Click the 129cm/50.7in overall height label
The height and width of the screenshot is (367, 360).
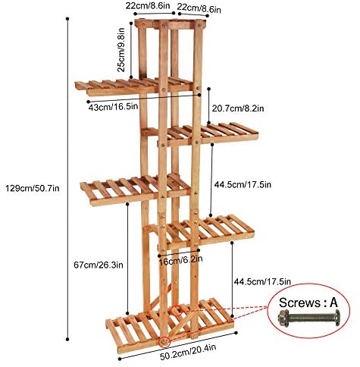tap(33, 188)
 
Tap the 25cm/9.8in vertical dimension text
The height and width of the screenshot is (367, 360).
tap(121, 49)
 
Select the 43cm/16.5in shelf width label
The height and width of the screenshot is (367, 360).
tap(113, 107)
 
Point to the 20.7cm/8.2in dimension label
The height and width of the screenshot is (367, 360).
tap(238, 108)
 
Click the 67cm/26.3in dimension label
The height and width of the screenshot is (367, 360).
tap(99, 265)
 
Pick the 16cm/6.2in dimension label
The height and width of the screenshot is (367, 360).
tap(180, 260)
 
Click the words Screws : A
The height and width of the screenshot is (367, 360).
tap(308, 303)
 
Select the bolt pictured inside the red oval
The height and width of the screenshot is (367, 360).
tap(308, 317)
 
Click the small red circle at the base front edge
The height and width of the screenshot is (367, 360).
tap(164, 342)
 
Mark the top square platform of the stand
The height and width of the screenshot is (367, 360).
tap(171, 24)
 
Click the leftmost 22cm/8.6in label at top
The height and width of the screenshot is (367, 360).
tap(148, 6)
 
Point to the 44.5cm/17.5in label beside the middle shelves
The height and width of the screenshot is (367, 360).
tap(243, 184)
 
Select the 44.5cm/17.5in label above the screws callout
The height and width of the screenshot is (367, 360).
tap(262, 281)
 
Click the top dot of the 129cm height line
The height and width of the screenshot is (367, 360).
tap(67, 19)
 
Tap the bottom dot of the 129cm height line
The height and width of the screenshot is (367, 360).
tap(67, 339)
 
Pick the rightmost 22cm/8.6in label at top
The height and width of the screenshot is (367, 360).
tap(199, 8)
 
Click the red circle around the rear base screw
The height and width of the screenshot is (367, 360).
tap(177, 310)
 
